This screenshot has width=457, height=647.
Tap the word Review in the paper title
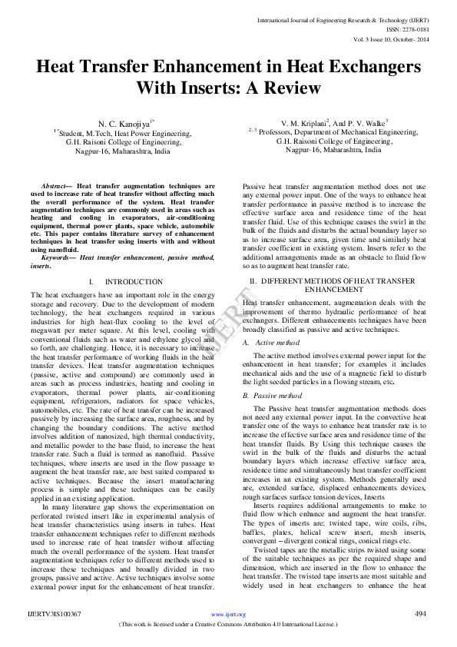tap(286, 87)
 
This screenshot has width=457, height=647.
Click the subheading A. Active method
tap(272, 342)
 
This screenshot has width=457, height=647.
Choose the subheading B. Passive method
tap(273, 395)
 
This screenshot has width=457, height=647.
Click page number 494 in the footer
tap(420, 614)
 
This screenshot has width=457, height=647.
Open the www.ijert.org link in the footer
tap(228, 615)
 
